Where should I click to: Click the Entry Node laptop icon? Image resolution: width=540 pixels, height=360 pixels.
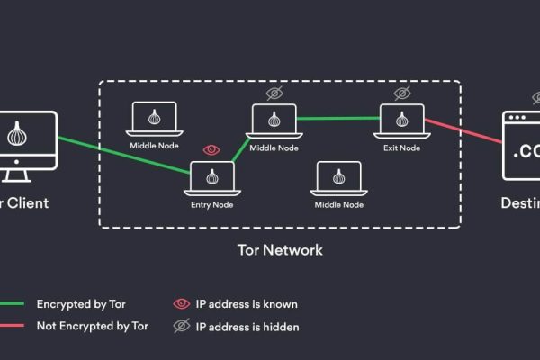(x=211, y=177)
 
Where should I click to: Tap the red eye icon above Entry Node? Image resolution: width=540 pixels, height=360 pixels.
(x=211, y=149)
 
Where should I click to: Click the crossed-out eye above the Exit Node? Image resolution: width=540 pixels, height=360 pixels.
(x=400, y=93)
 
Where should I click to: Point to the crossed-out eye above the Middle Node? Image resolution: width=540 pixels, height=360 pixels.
(x=274, y=93)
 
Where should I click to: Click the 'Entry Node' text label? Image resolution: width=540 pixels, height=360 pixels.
(x=212, y=204)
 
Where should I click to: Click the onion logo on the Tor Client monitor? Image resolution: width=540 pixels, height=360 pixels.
(x=15, y=136)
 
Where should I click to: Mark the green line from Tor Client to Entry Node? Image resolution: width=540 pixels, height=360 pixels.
(x=121, y=151)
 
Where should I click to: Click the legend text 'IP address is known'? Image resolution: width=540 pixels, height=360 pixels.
(x=247, y=304)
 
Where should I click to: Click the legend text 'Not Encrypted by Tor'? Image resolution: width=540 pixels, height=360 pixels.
(x=93, y=327)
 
